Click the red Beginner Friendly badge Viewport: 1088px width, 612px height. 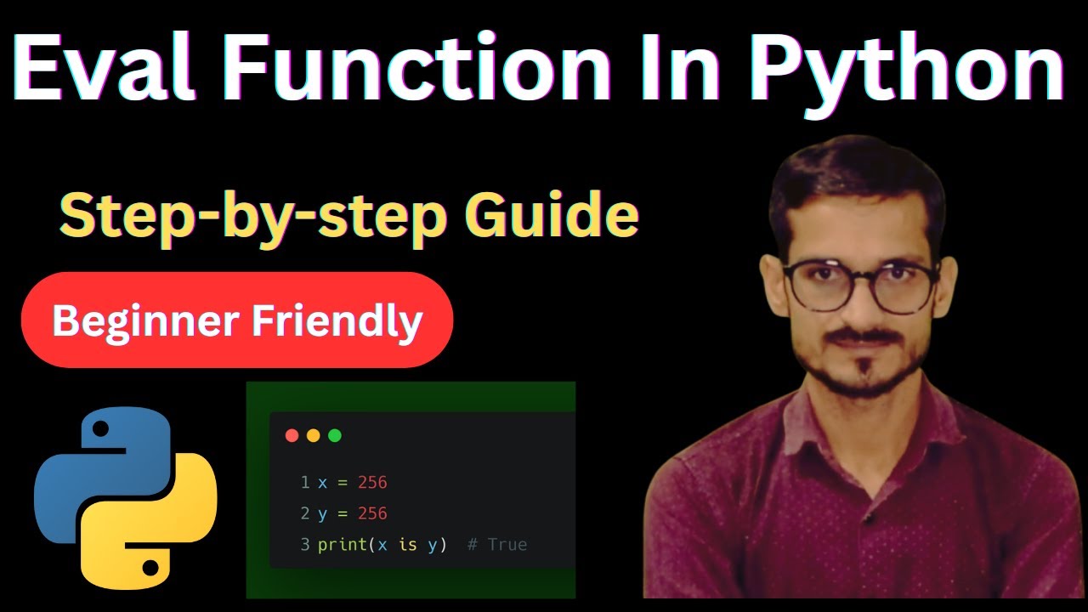coord(237,320)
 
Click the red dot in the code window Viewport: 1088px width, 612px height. coord(292,435)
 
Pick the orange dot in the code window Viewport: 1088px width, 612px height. coord(313,435)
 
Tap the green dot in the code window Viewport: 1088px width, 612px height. coord(334,435)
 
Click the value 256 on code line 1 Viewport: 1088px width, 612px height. coord(372,483)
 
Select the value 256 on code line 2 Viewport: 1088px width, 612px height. coord(372,513)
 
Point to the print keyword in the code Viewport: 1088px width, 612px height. coord(338,545)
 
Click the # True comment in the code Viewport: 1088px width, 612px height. coord(497,545)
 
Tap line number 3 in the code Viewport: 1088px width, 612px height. coord(305,545)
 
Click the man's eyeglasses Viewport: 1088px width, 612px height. coord(860,284)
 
